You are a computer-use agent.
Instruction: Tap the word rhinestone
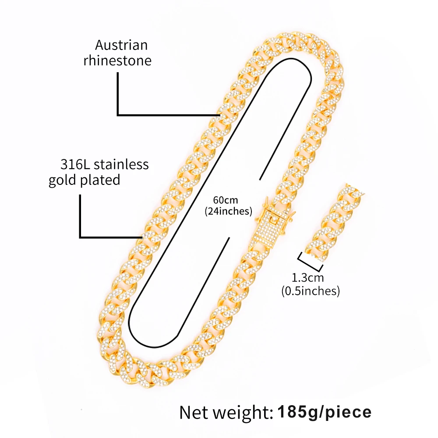point(117,60)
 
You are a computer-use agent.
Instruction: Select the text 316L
point(73,165)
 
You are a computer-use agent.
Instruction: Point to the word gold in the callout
point(62,180)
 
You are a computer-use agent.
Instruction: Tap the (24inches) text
point(228,211)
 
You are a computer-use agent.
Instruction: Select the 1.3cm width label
point(307,278)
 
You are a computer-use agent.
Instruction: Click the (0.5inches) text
point(311,290)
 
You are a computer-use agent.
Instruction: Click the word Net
point(195,412)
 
